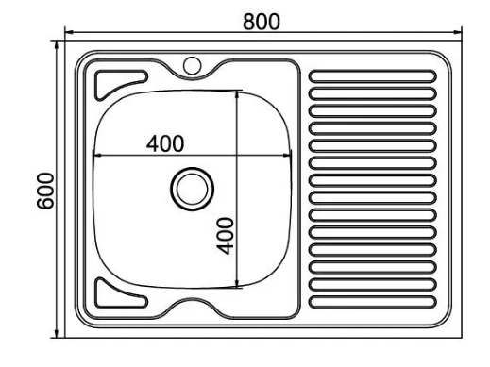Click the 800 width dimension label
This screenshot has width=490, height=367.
pyautogui.click(x=262, y=22)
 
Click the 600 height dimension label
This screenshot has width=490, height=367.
pyautogui.click(x=45, y=191)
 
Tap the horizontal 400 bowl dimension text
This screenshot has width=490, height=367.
pyautogui.click(x=165, y=143)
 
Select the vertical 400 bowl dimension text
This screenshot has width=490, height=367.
pyautogui.click(x=226, y=236)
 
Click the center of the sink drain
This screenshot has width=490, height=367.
pyautogui.click(x=192, y=189)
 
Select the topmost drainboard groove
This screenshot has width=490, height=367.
pyautogui.click(x=373, y=76)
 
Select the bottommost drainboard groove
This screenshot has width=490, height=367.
pyautogui.click(x=373, y=302)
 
